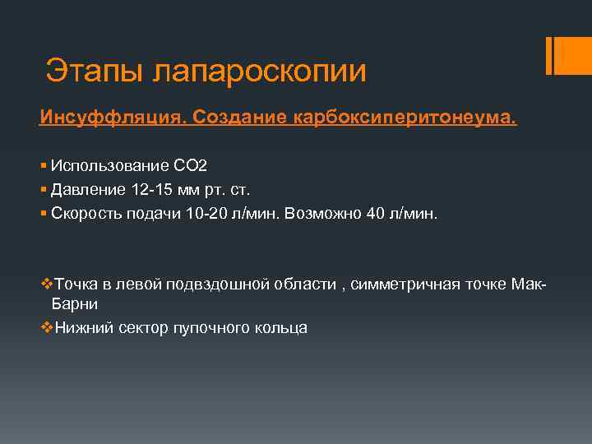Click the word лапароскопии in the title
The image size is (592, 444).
(x=260, y=72)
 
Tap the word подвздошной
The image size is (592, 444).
(x=216, y=284)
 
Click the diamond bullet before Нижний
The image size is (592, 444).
(x=46, y=327)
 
